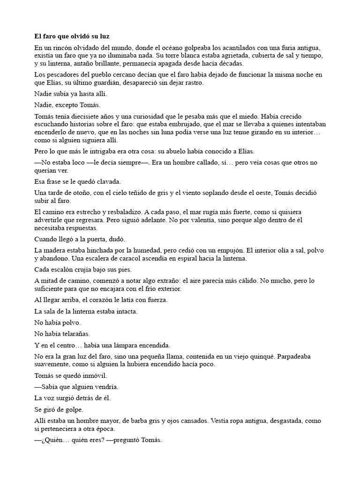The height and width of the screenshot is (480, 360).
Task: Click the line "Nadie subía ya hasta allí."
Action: coord(67,94)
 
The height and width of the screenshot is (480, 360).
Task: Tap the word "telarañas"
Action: coord(75,334)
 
